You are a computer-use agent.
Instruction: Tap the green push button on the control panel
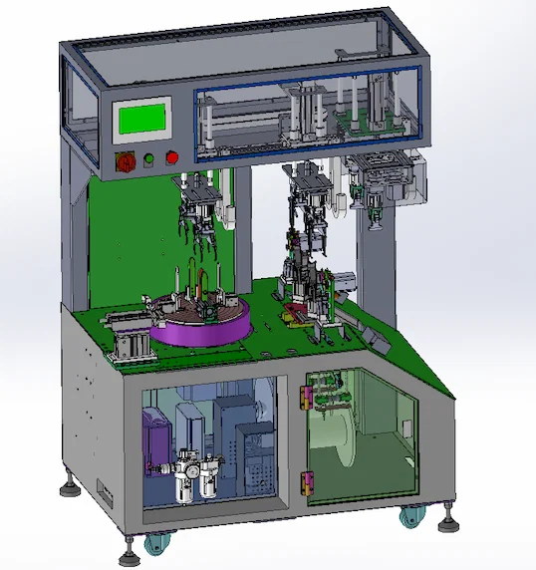pyautogui.click(x=148, y=157)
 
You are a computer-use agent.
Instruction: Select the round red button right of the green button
pyautogui.click(x=171, y=156)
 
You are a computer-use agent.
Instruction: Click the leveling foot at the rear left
pyautogui.click(x=69, y=486)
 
